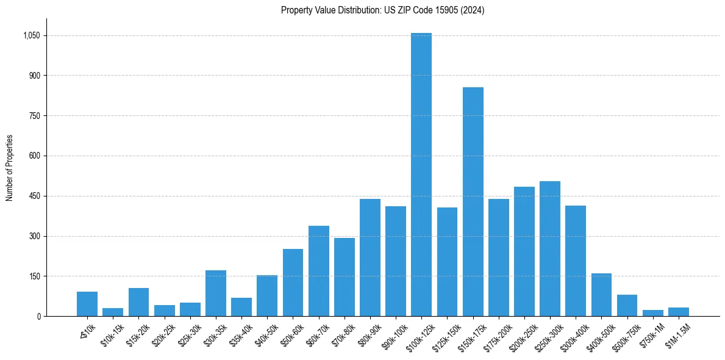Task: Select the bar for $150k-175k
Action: pos(473,201)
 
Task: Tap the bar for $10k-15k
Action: pos(113,312)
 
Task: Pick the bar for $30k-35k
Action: pos(216,293)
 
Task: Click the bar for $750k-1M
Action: pos(653,313)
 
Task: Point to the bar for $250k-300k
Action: pos(550,248)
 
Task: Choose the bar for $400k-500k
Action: pos(601,295)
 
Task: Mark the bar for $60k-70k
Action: pos(319,271)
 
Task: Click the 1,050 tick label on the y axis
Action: pos(30,35)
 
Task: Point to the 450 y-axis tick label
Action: pos(34,196)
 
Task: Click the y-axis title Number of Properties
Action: pos(9,168)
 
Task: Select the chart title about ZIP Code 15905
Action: pos(382,10)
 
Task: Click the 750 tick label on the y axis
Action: pos(34,115)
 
